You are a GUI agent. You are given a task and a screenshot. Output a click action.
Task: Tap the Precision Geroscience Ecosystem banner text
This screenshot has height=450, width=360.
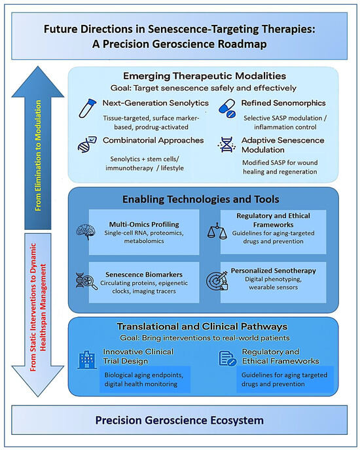(x=179, y=420)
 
